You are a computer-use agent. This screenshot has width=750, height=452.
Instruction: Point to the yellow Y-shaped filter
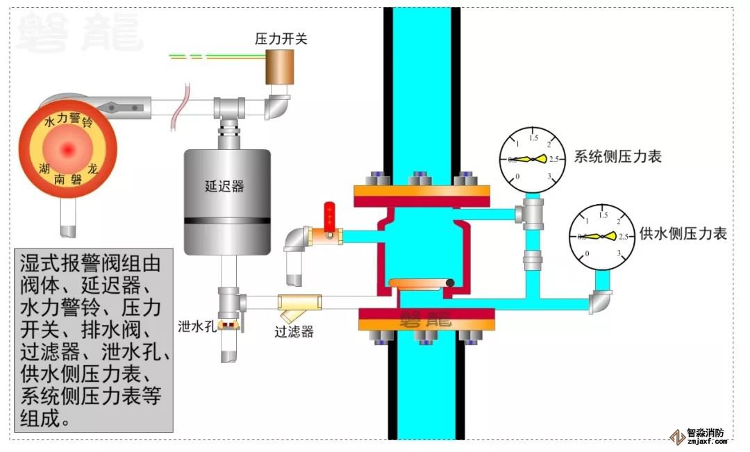(x=299, y=304)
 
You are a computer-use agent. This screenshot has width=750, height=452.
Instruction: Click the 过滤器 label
(x=294, y=332)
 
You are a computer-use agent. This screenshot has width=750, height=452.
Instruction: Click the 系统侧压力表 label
(x=617, y=156)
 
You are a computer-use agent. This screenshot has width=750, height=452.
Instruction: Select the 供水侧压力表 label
(x=683, y=234)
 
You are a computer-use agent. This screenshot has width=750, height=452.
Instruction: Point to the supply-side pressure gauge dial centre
(x=602, y=237)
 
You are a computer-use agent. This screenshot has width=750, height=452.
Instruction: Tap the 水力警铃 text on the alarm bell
(x=68, y=121)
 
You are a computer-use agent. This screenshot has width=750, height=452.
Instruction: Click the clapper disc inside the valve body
(x=422, y=283)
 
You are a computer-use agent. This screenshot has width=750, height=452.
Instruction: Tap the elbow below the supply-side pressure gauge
(x=601, y=301)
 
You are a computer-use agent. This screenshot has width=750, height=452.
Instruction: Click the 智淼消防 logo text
(x=705, y=431)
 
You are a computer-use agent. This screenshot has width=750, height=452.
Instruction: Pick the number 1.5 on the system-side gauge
(x=534, y=138)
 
